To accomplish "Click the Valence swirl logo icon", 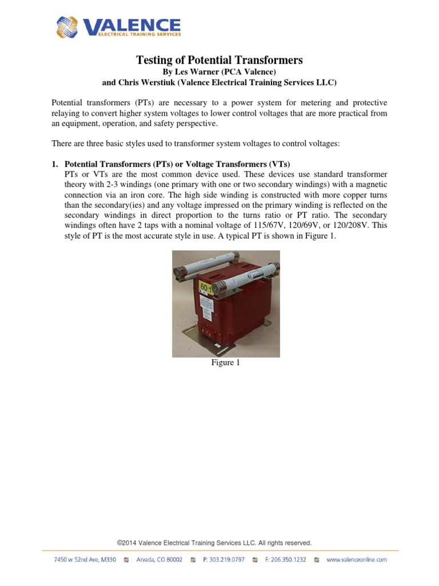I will click(x=68, y=27).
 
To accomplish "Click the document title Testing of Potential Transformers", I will click(x=219, y=60).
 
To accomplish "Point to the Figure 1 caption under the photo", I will click(x=226, y=363).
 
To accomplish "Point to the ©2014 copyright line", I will click(x=214, y=543).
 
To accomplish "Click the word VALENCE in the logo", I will click(x=132, y=25).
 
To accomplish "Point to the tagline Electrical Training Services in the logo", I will click(x=132, y=34).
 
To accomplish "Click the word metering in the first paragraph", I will click(x=309, y=103).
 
